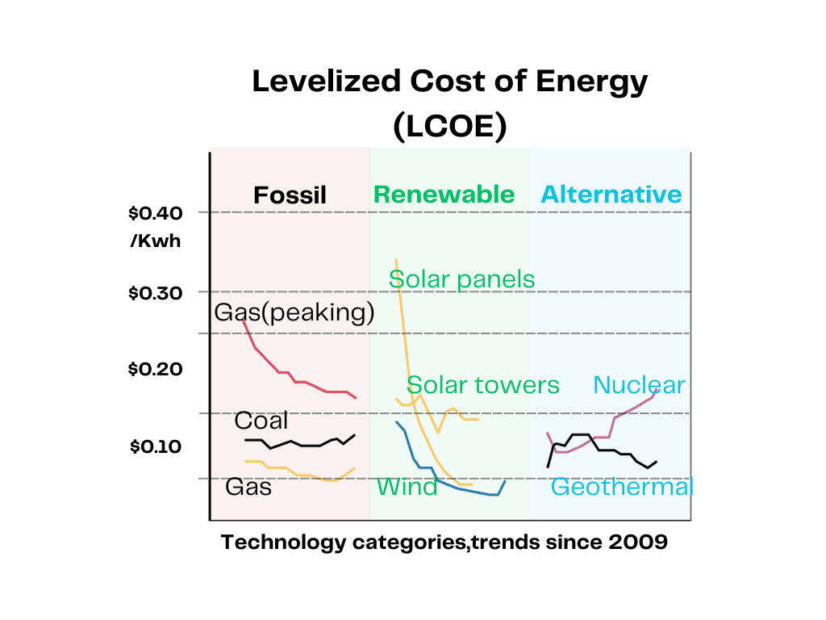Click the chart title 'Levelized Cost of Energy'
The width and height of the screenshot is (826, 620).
449,82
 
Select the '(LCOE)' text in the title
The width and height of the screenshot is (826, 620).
449,128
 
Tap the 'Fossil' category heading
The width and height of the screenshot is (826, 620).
290,195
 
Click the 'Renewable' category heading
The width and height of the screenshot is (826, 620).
444,195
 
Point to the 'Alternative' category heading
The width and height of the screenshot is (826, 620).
611,195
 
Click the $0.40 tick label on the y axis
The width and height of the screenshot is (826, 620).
156,213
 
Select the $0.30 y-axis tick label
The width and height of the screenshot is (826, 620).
156,293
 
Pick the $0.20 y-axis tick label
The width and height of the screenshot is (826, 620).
156,370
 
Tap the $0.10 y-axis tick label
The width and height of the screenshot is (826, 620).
156,446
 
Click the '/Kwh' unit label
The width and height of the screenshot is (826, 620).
156,240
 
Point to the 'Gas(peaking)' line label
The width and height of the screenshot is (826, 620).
294,313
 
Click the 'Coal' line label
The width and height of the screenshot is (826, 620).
261,421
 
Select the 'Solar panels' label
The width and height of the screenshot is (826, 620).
461,279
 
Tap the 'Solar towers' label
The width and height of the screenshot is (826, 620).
482,385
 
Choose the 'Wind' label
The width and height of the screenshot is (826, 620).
407,488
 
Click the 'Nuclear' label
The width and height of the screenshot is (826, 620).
638,385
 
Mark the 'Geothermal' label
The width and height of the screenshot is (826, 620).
621,488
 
